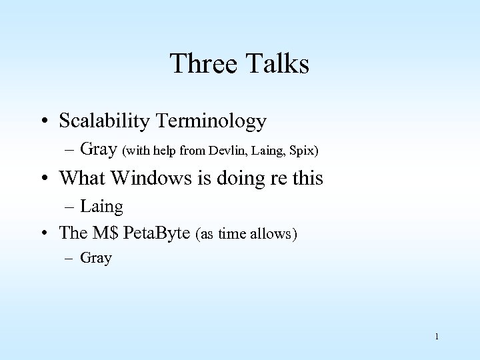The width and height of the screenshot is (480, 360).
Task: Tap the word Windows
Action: point(140,178)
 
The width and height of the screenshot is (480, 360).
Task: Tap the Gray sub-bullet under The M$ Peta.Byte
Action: point(96,259)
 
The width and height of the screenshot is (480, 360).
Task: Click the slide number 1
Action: point(436,336)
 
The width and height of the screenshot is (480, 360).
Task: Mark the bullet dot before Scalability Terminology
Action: point(43,122)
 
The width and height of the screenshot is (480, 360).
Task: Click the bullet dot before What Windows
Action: point(43,179)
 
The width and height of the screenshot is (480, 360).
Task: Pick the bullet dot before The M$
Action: point(43,233)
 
